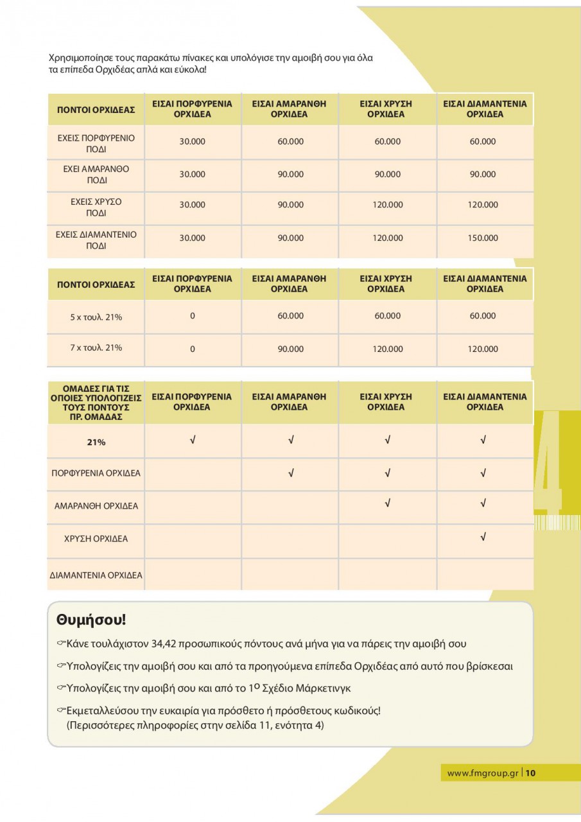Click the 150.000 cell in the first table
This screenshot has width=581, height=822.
coord(483,238)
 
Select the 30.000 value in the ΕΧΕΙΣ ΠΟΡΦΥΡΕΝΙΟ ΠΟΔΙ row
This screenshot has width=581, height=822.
coord(192,142)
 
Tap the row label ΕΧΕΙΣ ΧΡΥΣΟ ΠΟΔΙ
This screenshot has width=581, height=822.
coord(96,207)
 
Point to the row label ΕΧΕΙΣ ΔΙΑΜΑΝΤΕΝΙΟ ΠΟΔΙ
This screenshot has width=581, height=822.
coord(96,240)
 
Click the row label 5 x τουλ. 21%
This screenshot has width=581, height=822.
coord(96,317)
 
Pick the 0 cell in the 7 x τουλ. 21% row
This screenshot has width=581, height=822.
coord(192,349)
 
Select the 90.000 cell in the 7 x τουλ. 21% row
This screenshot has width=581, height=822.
coord(290,349)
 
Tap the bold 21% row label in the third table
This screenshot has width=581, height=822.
coord(96,442)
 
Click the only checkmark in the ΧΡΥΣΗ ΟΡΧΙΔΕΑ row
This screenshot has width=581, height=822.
coord(483,537)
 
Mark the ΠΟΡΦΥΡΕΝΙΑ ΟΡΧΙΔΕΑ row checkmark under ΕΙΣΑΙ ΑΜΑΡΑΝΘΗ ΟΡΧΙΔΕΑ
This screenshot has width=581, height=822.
coord(291,473)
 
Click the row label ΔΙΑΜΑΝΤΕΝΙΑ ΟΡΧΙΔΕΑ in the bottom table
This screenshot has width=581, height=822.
coord(96,575)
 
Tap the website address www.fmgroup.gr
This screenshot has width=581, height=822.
coord(482,773)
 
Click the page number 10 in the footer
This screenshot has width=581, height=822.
coord(530,773)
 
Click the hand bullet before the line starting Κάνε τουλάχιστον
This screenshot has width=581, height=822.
coord(61,643)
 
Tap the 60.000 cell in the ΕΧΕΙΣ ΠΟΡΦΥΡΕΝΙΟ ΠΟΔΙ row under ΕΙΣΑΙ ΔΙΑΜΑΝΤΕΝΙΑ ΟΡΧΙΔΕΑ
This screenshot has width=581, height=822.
coord(483,142)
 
